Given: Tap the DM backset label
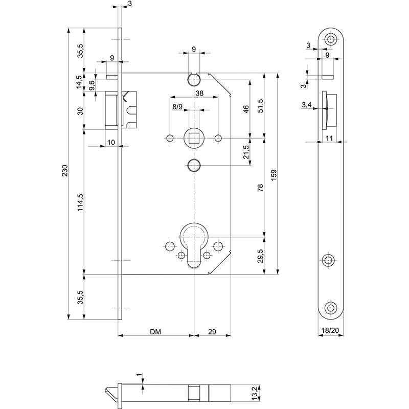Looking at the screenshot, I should coord(156,332).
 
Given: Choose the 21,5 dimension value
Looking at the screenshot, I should coord(247,152).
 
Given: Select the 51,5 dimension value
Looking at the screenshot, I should coord(260,106).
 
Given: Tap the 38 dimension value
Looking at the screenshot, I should coord(195,94).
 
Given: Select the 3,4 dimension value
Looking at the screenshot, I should coord(307,105).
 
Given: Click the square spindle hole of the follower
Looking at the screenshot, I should coord(194,137).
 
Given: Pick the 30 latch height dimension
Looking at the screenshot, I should coord(79,111).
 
